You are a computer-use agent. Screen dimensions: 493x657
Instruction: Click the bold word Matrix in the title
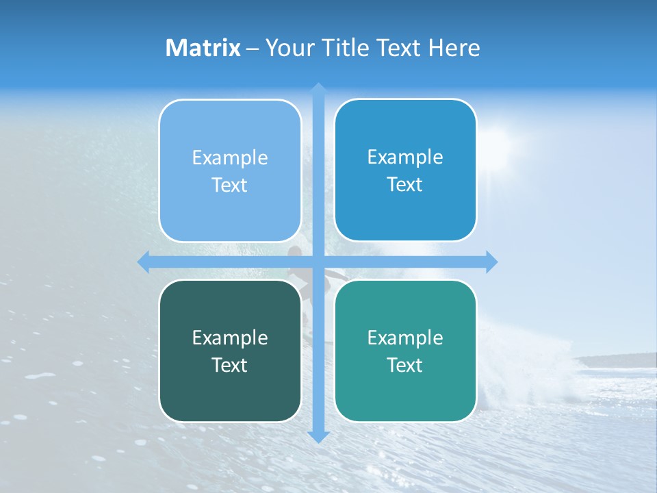(x=203, y=48)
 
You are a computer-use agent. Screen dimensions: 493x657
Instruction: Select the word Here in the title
(x=454, y=48)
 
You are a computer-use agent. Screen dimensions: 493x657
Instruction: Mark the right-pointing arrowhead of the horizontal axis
(x=491, y=262)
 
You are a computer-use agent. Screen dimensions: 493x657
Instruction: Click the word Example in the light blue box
(x=230, y=157)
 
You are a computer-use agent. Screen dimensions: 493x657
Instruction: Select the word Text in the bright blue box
(x=405, y=184)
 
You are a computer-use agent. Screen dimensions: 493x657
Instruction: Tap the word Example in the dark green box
(x=230, y=338)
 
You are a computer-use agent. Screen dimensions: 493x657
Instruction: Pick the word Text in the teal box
(x=405, y=365)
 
